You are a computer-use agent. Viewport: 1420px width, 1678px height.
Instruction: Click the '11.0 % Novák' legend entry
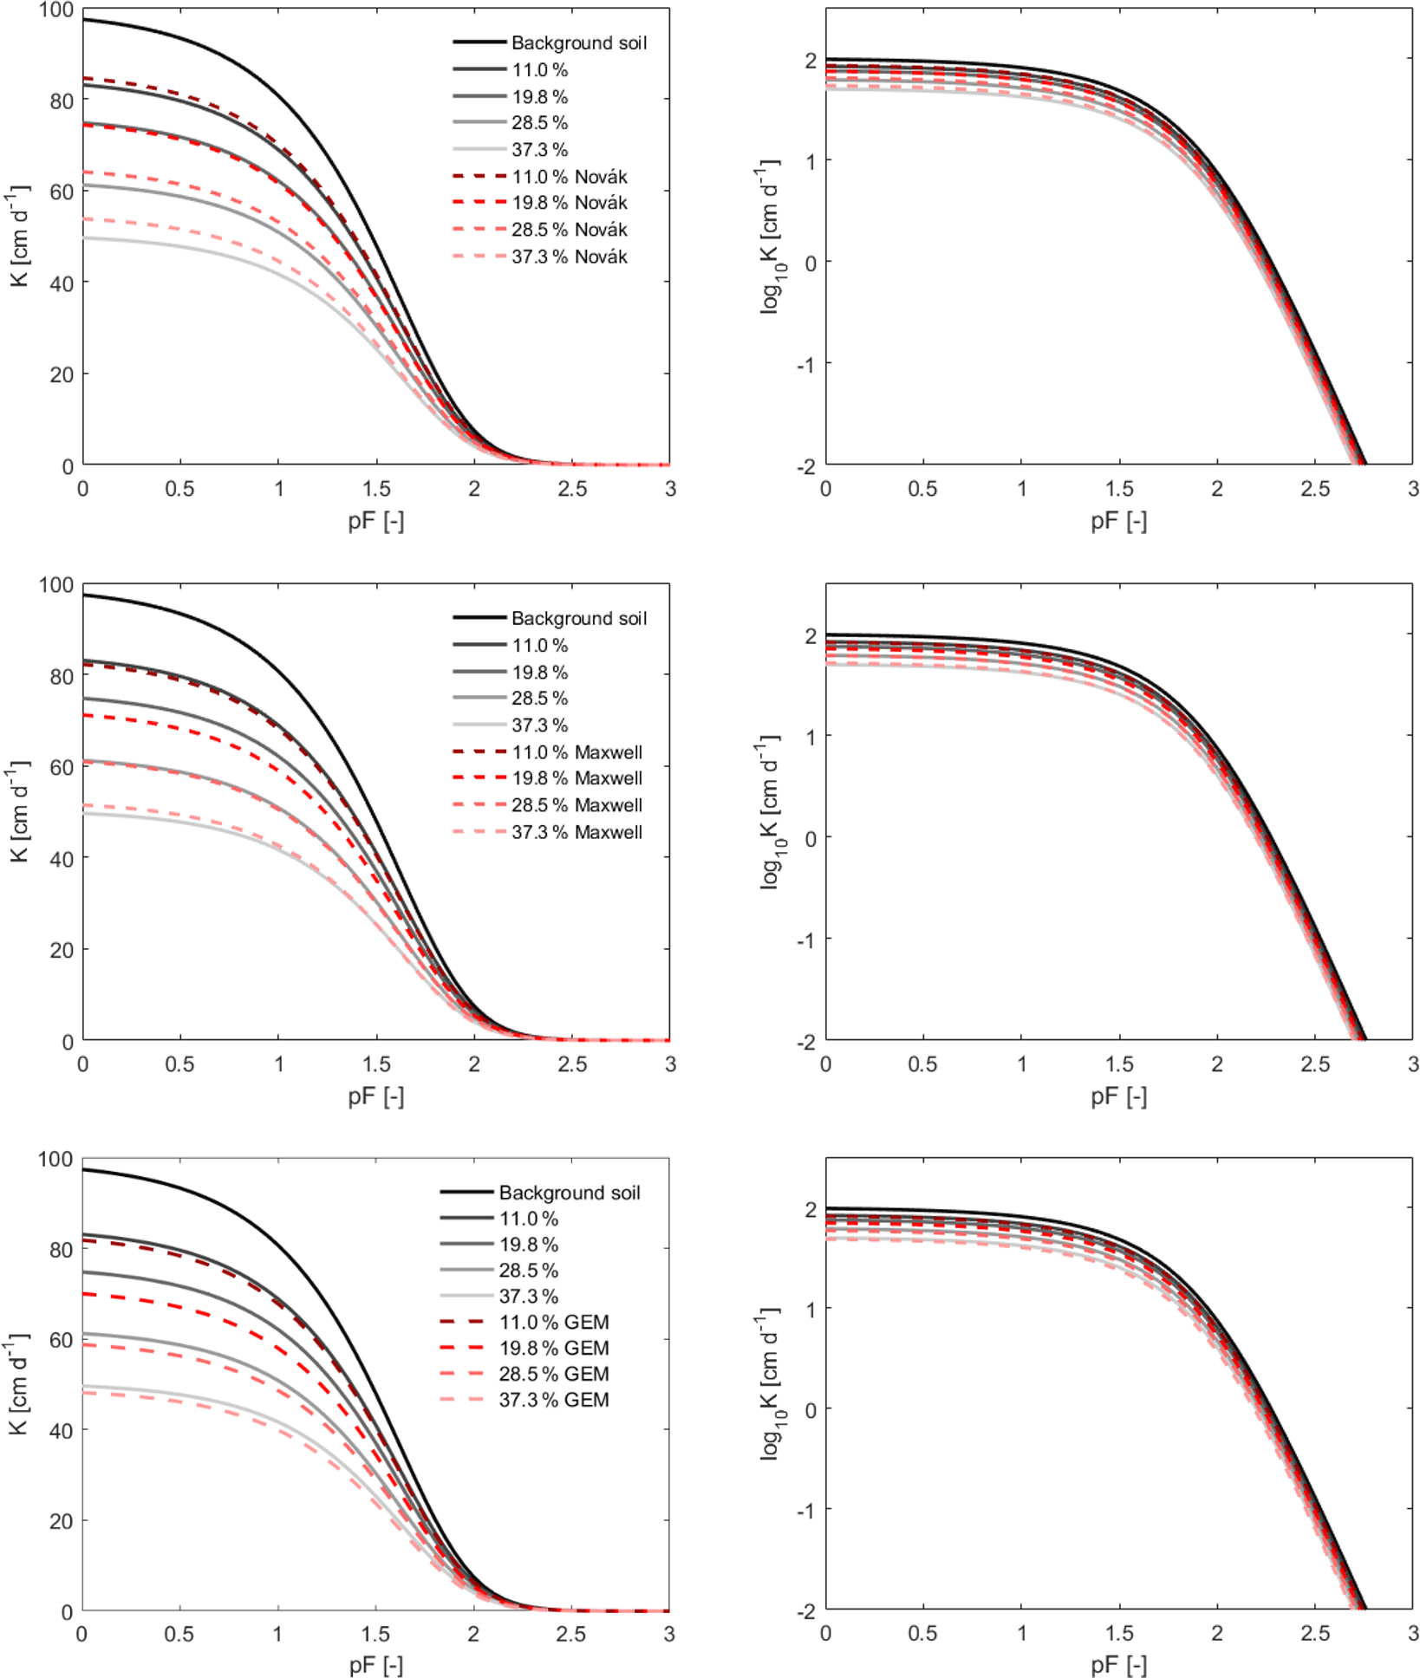[x=569, y=177]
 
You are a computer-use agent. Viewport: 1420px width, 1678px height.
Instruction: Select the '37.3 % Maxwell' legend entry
[x=576, y=832]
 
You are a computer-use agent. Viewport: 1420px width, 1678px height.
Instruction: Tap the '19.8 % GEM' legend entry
[x=553, y=1348]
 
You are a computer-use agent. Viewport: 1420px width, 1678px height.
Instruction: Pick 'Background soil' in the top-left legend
[x=578, y=42]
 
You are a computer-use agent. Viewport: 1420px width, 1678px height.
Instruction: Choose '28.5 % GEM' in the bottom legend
[x=553, y=1374]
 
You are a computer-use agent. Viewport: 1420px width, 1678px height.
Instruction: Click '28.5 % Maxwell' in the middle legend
[x=576, y=805]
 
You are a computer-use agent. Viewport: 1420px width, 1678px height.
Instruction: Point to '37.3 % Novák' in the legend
[x=569, y=257]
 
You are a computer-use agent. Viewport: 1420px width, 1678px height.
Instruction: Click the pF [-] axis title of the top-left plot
[x=375, y=521]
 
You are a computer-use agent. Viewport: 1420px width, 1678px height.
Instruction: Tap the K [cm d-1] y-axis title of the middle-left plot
[x=19, y=811]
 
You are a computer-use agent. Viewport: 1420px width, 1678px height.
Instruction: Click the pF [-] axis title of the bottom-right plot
[x=1118, y=1664]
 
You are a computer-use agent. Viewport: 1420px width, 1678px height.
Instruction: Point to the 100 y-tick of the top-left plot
[x=56, y=10]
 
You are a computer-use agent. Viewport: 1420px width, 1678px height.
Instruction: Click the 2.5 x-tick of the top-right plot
[x=1315, y=489]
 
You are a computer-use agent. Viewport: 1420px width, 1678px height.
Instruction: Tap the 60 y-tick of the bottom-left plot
[x=61, y=1340]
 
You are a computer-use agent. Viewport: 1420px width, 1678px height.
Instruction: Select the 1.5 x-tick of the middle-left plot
[x=376, y=1064]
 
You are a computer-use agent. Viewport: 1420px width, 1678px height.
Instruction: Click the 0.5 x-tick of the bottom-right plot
[x=922, y=1634]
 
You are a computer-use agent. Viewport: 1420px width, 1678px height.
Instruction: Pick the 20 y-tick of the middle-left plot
[x=61, y=950]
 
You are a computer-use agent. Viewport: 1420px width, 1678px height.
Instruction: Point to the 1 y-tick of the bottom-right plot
[x=811, y=1310]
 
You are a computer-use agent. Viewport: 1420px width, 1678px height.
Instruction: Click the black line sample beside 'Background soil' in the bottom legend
[x=466, y=1193]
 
